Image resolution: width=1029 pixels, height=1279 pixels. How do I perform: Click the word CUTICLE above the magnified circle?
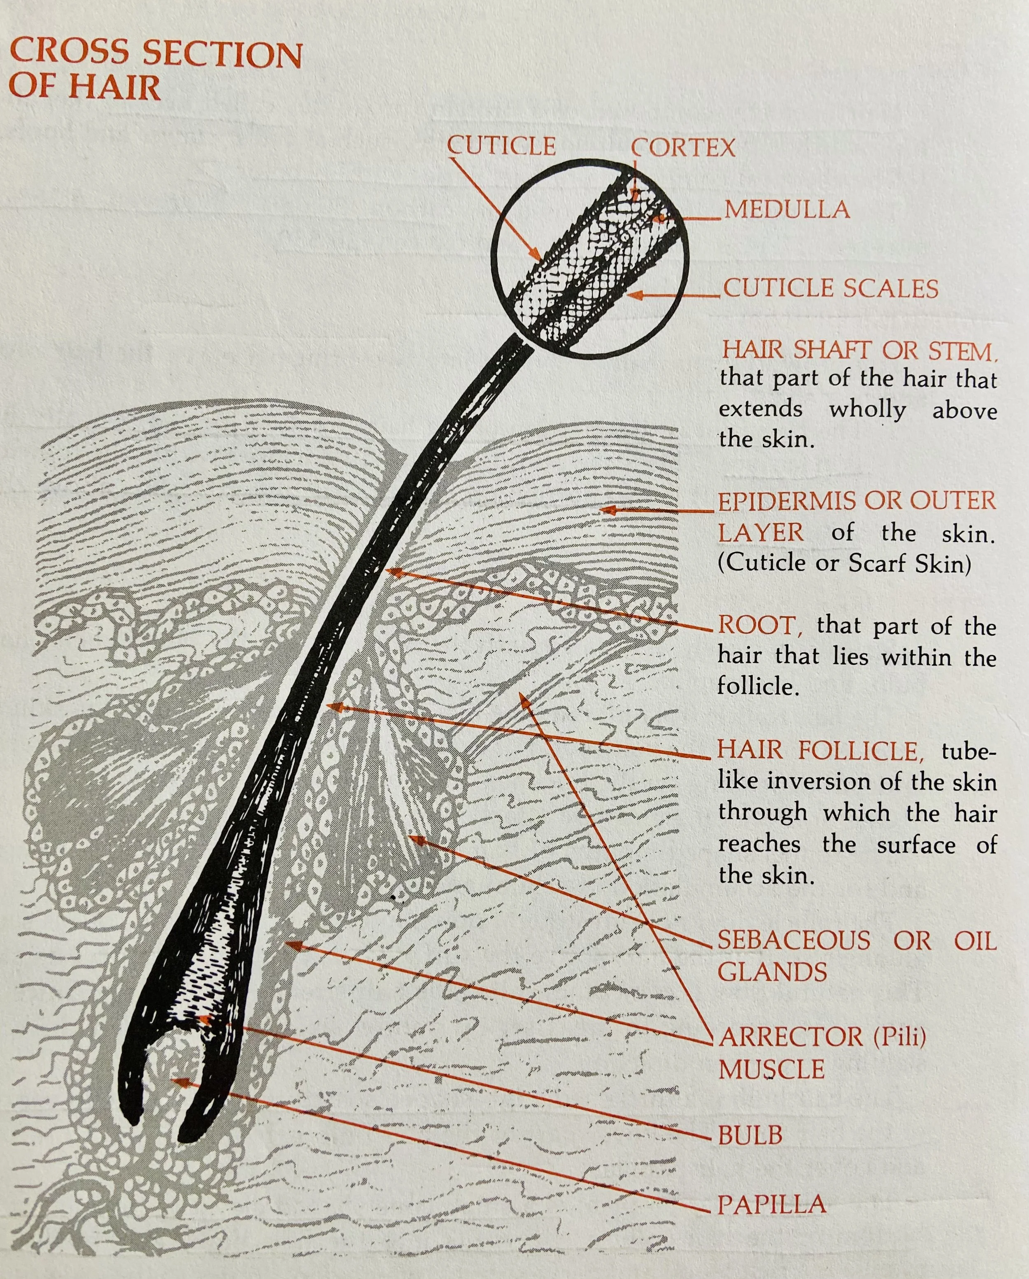(501, 146)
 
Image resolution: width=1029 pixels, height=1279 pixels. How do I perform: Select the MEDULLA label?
(787, 210)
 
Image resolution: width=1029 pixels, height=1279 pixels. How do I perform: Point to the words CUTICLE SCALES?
(830, 289)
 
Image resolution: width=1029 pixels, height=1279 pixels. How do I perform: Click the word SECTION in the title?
(222, 55)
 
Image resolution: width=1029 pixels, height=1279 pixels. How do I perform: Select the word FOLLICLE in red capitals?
(861, 750)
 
